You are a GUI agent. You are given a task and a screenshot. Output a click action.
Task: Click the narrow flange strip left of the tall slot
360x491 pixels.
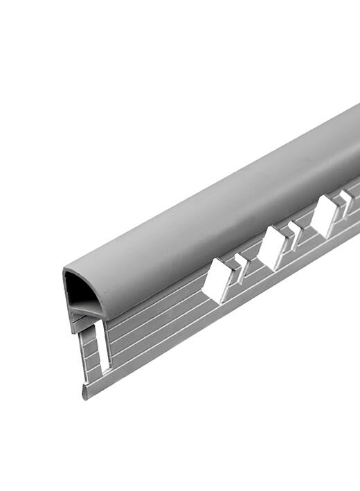(x=88, y=353)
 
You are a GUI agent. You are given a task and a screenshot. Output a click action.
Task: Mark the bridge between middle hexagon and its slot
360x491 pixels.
(x=287, y=240)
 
